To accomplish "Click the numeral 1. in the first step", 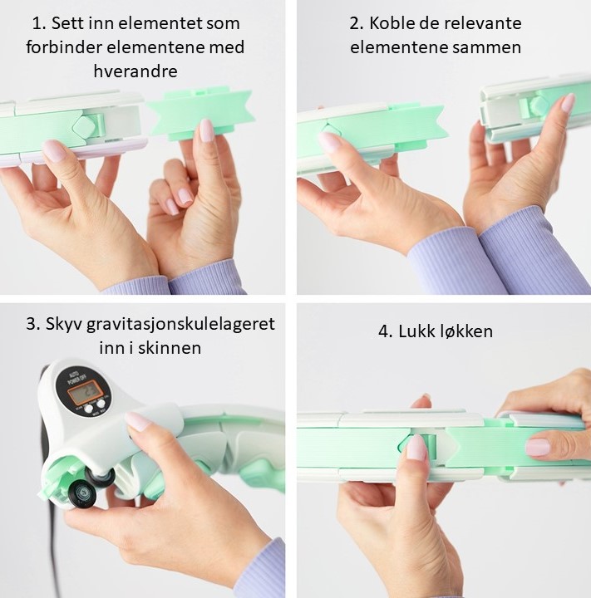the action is point(38,23).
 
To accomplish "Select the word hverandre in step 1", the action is point(135,71).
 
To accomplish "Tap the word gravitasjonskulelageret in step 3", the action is point(180,325).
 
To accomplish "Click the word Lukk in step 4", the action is point(416,331).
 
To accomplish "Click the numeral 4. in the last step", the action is point(386,331).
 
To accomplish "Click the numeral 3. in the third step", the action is point(33,325).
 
